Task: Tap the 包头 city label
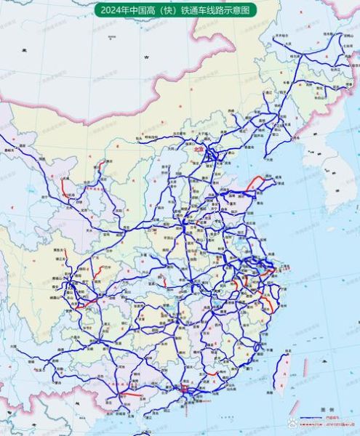(139, 135)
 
